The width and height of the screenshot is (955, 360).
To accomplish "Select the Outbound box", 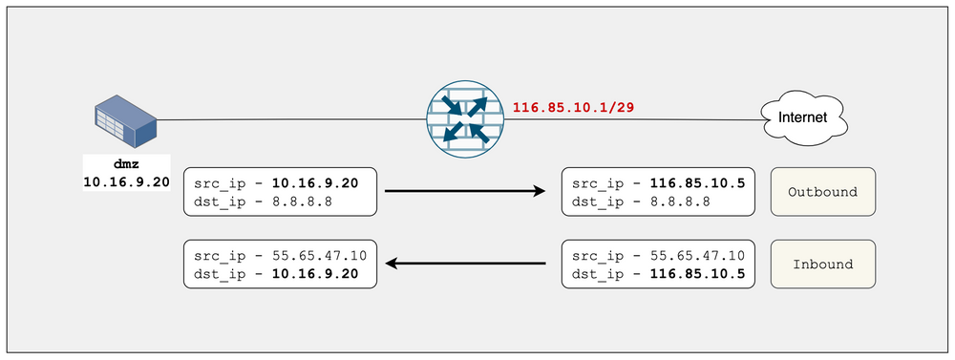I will pyautogui.click(x=822, y=192).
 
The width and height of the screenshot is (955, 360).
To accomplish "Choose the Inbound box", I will pyautogui.click(x=822, y=265).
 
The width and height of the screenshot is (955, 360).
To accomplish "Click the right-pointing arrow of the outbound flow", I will pyautogui.click(x=464, y=192).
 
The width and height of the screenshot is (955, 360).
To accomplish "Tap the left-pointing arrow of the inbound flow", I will pyautogui.click(x=464, y=264).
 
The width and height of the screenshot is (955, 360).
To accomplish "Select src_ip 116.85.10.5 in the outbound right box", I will pyautogui.click(x=660, y=182).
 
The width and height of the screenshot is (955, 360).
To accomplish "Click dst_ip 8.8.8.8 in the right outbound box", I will pyautogui.click(x=629, y=201).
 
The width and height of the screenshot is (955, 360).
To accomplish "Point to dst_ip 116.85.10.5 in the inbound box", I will pyautogui.click(x=660, y=274).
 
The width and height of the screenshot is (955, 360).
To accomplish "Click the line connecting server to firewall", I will pyautogui.click(x=286, y=120).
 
